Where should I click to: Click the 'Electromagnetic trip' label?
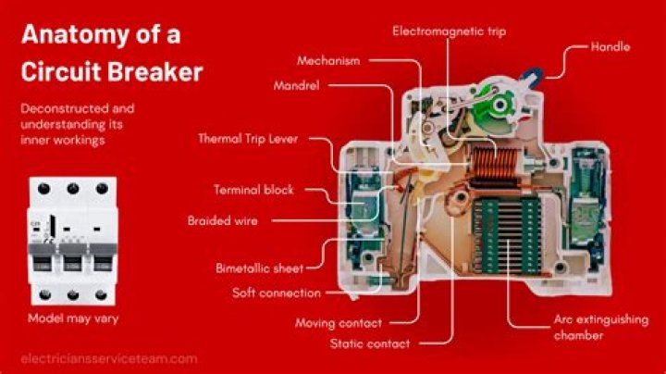point(449,31)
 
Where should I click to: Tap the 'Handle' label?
point(610,45)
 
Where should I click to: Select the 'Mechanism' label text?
point(328,60)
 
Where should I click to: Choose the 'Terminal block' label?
point(253,190)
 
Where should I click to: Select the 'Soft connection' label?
point(277,293)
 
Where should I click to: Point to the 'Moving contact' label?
point(339,323)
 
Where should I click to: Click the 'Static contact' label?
point(370,343)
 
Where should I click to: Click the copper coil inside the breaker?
point(483,167)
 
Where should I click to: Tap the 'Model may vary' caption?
point(72,318)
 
